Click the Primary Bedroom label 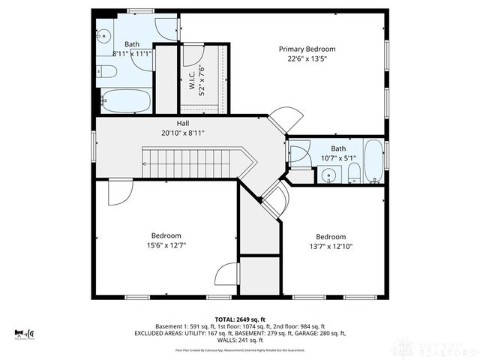click(x=307, y=49)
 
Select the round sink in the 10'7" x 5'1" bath click(x=327, y=175)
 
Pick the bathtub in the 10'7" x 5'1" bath click(x=373, y=160)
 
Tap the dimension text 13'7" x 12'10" click(x=330, y=247)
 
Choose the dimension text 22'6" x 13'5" click(x=307, y=60)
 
